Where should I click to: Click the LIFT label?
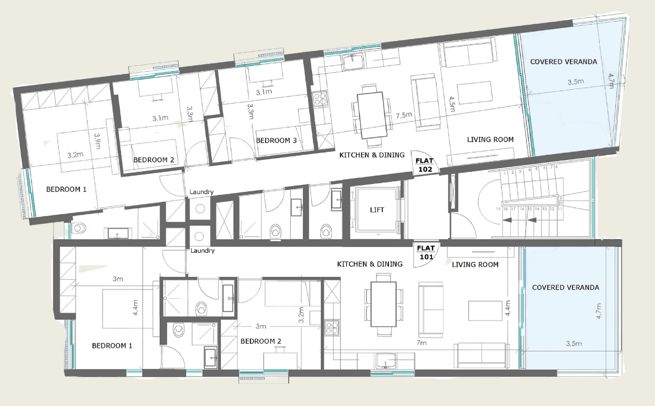pos(377,210)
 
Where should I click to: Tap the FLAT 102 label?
pos(425,165)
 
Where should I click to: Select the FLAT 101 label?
pos(426,253)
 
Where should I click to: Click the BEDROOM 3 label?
pos(276,141)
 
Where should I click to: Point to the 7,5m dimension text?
pos(404,115)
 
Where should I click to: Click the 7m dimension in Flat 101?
pos(422,343)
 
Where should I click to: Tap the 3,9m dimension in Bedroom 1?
pos(97,141)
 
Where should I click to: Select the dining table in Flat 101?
pos(383,304)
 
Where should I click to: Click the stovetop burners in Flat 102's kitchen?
pos(319,98)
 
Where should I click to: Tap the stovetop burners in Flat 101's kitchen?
pos(332,327)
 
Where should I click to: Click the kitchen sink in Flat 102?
pos(353,62)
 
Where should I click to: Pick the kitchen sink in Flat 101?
pos(386,361)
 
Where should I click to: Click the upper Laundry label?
pos(201,192)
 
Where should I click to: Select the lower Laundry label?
pos(202,251)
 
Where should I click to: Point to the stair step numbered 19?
pos(499,209)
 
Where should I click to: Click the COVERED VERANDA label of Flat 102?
pos(563,62)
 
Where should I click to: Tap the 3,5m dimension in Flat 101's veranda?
pos(574,344)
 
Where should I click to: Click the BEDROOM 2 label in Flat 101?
pos(261,341)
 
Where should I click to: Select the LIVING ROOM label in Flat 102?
pos(491,140)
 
